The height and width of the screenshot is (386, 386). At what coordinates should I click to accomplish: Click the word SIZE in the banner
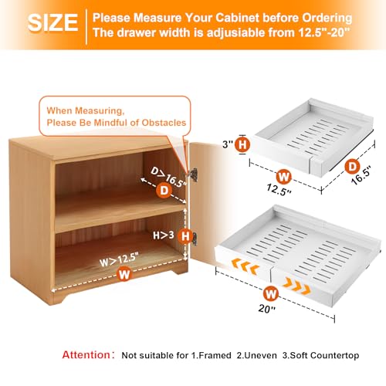pyautogui.click(x=52, y=22)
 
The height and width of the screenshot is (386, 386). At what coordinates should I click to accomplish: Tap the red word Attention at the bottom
pyautogui.click(x=86, y=355)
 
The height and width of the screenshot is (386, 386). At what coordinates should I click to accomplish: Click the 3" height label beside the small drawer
pyautogui.click(x=227, y=144)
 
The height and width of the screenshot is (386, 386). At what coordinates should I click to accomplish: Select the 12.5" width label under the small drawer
pyautogui.click(x=279, y=190)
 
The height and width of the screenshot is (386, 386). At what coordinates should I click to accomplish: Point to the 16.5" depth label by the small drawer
pyautogui.click(x=361, y=174)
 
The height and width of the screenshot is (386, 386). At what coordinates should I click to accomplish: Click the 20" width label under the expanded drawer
pyautogui.click(x=266, y=308)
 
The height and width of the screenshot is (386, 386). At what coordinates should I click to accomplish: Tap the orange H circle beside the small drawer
pyautogui.click(x=242, y=144)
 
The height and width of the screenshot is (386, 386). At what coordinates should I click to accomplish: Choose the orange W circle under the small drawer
pyautogui.click(x=283, y=177)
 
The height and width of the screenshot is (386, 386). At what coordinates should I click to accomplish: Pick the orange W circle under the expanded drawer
pyautogui.click(x=271, y=293)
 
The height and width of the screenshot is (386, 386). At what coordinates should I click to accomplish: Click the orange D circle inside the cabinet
pyautogui.click(x=164, y=191)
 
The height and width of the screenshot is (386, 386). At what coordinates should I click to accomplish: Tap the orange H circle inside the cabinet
pyautogui.click(x=185, y=236)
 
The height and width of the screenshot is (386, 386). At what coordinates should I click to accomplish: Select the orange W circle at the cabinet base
pyautogui.click(x=124, y=274)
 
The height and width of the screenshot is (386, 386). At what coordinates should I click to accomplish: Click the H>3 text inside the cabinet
pyautogui.click(x=164, y=235)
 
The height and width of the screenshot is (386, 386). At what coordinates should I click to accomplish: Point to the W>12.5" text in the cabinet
pyautogui.click(x=119, y=259)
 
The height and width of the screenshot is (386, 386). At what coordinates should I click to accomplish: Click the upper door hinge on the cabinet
pyautogui.click(x=193, y=174)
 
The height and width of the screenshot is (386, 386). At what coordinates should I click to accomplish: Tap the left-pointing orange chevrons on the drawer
pyautogui.click(x=245, y=266)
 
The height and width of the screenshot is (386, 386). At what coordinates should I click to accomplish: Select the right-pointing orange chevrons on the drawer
pyautogui.click(x=296, y=286)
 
